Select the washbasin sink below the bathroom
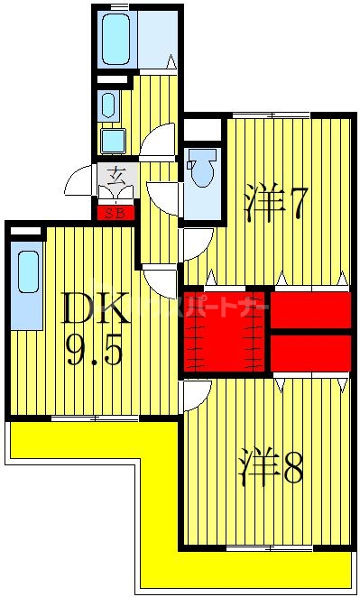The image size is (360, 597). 108,105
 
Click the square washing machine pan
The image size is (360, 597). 113,141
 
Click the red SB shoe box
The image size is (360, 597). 116,214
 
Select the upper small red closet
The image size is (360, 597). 309,310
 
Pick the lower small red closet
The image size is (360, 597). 309,353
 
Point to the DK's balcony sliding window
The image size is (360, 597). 94,418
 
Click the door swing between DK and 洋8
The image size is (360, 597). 197,393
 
